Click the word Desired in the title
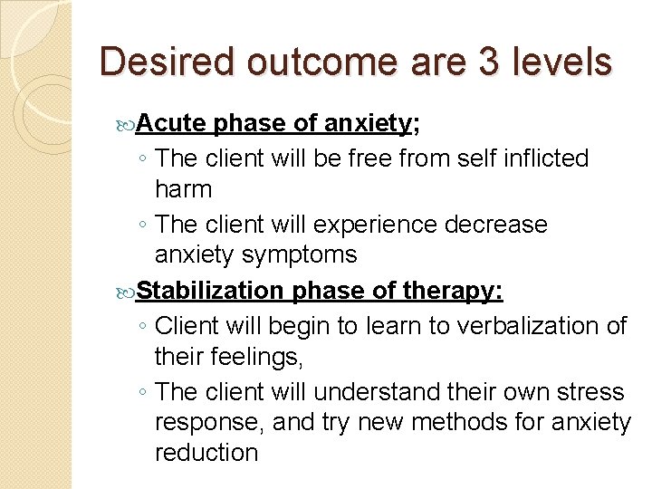coord(168,62)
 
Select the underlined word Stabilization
coord(210,291)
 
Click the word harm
coord(183,189)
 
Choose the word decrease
coord(496,224)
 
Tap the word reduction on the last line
coord(206,453)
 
